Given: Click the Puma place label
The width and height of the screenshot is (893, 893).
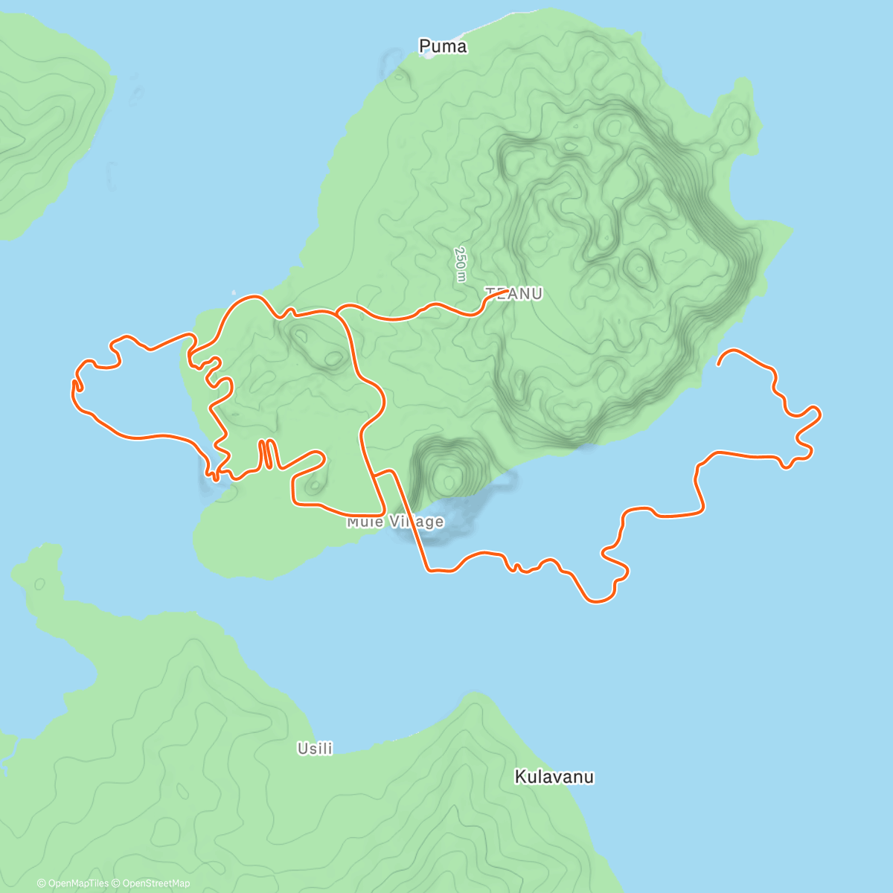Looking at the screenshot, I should (x=443, y=46).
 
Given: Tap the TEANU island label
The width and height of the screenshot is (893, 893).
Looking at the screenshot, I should (x=514, y=294).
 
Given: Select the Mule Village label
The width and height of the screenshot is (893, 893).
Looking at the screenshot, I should (x=395, y=522).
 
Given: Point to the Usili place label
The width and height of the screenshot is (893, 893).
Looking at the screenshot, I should (x=315, y=749).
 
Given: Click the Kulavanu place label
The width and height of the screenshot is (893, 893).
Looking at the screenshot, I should (x=554, y=777).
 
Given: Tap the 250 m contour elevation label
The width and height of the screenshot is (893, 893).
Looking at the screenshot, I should (x=461, y=264).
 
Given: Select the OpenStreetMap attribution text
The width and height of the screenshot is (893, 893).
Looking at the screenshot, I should (x=156, y=883).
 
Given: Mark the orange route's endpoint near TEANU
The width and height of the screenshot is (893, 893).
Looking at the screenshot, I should (x=508, y=292).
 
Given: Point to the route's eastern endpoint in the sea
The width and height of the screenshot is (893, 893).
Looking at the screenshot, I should (x=718, y=365).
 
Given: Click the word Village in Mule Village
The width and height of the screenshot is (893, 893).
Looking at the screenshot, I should (x=417, y=522).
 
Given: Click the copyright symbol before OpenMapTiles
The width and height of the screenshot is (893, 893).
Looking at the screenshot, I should (x=41, y=883).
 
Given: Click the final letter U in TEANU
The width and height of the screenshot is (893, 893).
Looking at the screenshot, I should (x=537, y=294).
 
